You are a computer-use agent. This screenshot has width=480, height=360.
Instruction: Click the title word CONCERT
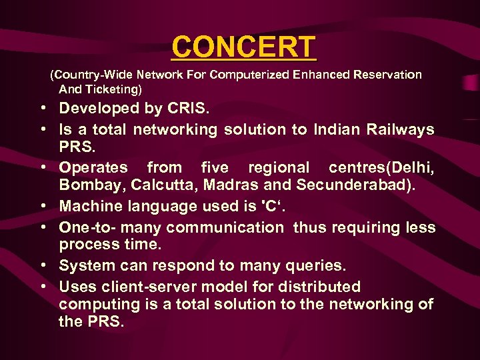click(243, 47)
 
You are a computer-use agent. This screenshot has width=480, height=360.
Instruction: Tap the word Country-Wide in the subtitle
click(88, 75)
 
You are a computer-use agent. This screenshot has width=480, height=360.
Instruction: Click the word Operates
click(93, 167)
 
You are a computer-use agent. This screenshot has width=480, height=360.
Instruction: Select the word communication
click(225, 227)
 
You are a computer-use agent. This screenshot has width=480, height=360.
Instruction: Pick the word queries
click(313, 265)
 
